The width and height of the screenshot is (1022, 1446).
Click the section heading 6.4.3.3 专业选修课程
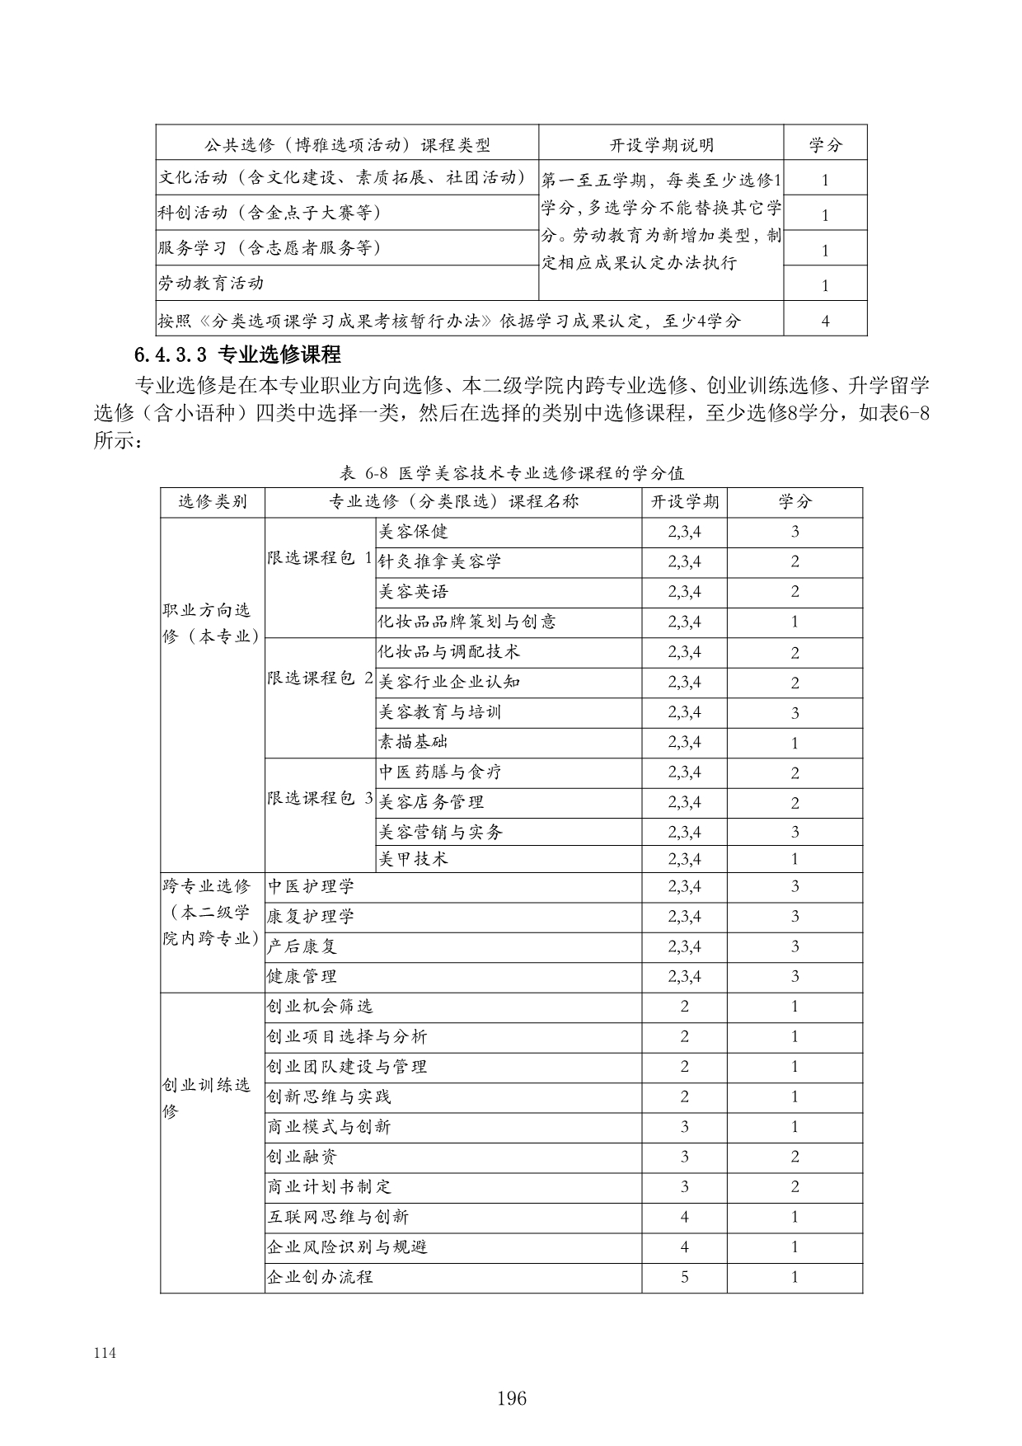(x=237, y=356)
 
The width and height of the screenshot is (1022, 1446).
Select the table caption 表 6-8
(x=511, y=473)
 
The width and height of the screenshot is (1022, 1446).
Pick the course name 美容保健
(x=413, y=532)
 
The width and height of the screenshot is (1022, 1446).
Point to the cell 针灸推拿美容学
(x=439, y=562)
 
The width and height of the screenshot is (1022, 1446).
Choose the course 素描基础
(x=413, y=742)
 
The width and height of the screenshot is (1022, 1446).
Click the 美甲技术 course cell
(x=413, y=859)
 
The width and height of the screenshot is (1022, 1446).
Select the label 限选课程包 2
(x=320, y=678)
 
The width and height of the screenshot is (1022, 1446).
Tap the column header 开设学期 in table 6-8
(x=684, y=502)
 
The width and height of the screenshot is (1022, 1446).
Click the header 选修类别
(x=213, y=502)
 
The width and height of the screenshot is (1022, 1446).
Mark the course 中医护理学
(x=311, y=887)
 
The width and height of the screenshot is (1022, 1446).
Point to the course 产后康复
(x=302, y=946)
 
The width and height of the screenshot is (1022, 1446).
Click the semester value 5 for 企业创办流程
(x=684, y=1277)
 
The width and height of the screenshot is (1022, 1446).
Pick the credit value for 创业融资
(x=795, y=1157)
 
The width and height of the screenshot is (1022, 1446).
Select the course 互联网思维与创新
(x=337, y=1217)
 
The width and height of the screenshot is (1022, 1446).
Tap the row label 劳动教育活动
(x=211, y=284)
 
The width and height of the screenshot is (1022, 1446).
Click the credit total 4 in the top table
(x=825, y=321)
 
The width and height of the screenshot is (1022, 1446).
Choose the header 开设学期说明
(x=661, y=146)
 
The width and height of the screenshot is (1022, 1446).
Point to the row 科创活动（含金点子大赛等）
(x=270, y=213)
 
